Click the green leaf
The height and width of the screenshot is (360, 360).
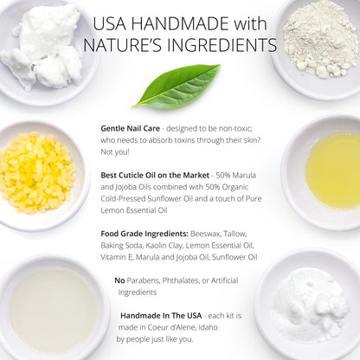tap(176, 86)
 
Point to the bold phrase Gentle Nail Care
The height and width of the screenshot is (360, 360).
tap(132, 127)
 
